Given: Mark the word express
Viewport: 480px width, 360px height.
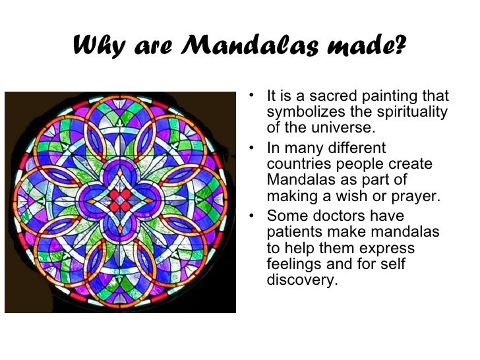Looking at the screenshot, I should pyautogui.click(x=390, y=249).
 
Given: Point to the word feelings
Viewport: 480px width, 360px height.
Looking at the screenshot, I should pyautogui.click(x=293, y=264).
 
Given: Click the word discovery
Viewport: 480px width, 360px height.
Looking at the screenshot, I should pyautogui.click(x=302, y=280).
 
